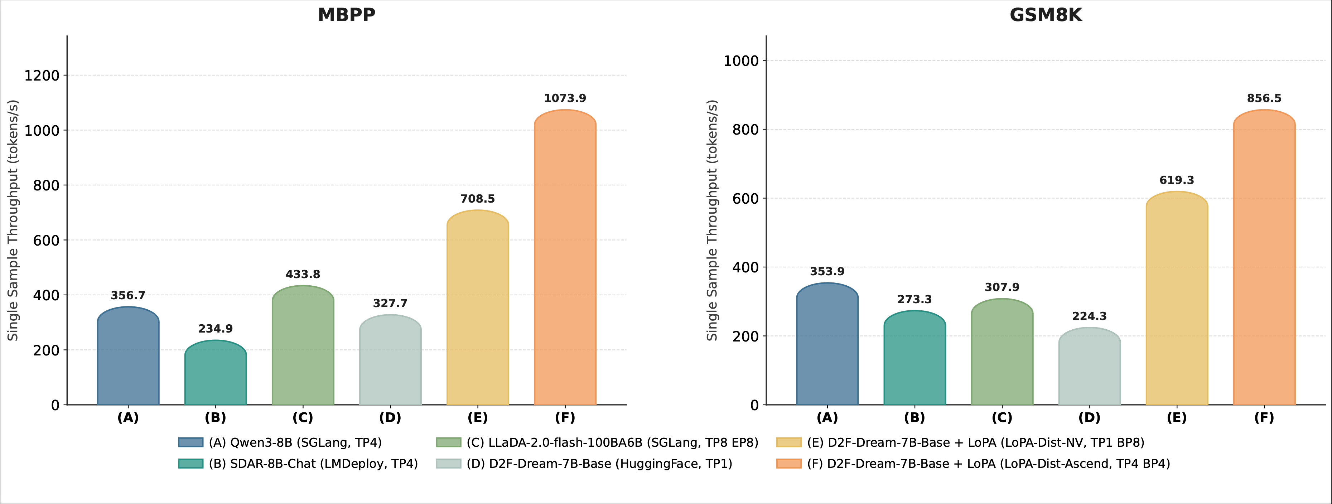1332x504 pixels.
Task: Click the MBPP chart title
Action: (347, 15)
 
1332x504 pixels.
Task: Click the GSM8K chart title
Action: (1046, 15)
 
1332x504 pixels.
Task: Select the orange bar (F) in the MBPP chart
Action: (565, 258)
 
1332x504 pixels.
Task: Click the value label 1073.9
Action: (565, 98)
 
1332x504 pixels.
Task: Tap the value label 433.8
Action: (303, 275)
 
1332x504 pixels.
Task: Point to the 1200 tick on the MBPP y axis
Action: (42, 76)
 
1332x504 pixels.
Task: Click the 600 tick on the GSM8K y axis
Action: (745, 199)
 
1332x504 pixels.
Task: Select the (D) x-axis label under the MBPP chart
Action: (390, 418)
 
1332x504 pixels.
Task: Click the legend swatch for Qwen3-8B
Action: (190, 442)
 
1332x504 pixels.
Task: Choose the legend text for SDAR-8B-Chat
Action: (313, 464)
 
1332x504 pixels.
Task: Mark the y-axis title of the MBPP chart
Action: (13, 220)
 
